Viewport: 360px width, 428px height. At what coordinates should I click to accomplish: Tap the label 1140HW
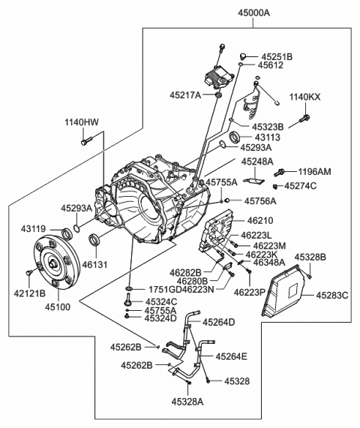coord(82,122)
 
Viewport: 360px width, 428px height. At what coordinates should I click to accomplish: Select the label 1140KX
coord(305,98)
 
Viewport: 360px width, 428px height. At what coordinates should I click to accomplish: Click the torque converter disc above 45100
coord(55,264)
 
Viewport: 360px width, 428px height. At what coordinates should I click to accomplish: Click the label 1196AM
coord(314,172)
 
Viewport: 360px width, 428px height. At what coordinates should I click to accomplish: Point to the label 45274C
coord(300,185)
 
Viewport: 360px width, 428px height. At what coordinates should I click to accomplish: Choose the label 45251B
coord(277,56)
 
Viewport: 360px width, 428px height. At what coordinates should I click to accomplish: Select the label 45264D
coord(216,322)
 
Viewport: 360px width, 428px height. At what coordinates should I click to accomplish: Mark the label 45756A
coord(260,200)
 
